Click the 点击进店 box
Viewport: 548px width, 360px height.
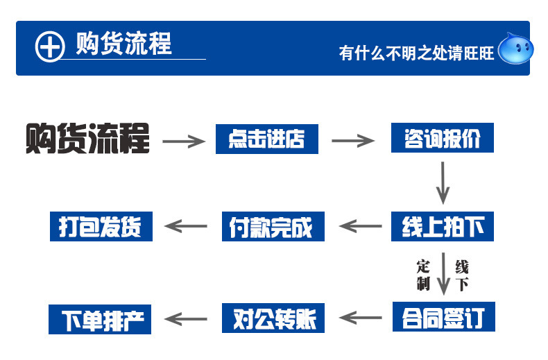(x=266, y=139)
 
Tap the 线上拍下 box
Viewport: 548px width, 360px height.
(x=443, y=226)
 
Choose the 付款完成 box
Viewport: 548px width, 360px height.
(x=272, y=227)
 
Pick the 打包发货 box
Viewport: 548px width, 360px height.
(x=101, y=226)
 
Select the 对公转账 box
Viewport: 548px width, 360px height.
(x=272, y=318)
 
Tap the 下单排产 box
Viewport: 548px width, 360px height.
(x=101, y=318)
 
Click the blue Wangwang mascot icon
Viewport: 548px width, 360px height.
(x=516, y=49)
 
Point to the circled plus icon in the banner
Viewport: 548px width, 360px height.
(x=49, y=46)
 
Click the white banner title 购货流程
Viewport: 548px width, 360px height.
(x=123, y=44)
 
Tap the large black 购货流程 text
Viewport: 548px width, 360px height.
(x=87, y=138)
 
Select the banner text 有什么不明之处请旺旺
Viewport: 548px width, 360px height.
(x=416, y=53)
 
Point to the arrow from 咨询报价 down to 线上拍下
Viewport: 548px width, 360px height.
(x=443, y=182)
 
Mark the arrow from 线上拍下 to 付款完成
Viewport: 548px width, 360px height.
(x=361, y=226)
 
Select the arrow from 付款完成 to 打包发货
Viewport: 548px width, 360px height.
(x=185, y=226)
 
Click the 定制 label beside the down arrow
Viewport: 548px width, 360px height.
(x=423, y=275)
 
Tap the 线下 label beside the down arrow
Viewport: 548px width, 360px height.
(x=462, y=275)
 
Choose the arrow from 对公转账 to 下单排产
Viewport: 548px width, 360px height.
(x=185, y=318)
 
